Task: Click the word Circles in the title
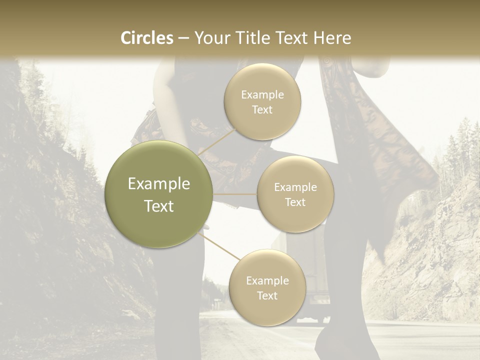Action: (146, 38)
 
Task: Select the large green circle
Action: (158, 194)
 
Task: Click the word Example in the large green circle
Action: (159, 184)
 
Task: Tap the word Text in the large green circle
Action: (159, 206)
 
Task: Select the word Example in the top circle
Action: (262, 94)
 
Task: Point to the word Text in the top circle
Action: (262, 109)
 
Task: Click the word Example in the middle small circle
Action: (295, 187)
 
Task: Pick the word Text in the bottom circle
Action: (267, 295)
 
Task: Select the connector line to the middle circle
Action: (234, 194)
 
